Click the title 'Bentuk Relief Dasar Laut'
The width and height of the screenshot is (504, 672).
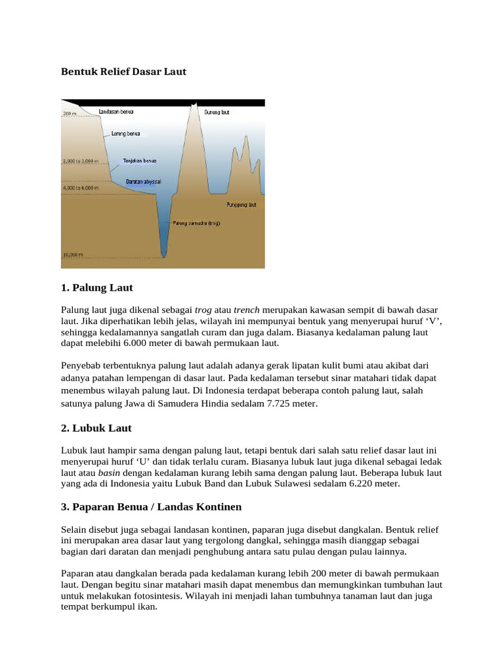[124, 72]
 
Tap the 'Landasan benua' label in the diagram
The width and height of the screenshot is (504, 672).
[116, 112]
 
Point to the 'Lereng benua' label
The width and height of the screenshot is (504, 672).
[125, 133]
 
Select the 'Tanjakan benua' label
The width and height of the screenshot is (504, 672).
[139, 160]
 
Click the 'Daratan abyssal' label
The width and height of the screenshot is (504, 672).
[143, 181]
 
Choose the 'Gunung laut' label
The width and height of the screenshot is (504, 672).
[217, 112]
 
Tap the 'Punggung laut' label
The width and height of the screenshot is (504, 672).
[241, 205]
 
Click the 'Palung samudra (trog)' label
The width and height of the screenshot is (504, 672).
[196, 223]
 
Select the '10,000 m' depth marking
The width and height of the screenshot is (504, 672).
[73, 254]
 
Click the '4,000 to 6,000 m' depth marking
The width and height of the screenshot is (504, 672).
[81, 188]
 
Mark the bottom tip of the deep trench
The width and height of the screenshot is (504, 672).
[163, 257]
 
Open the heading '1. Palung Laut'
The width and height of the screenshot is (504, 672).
[97, 287]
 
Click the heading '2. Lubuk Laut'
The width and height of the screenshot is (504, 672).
[96, 428]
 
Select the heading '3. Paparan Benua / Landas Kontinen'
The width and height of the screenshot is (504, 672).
[152, 507]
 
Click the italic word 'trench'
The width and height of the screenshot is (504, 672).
[247, 309]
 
